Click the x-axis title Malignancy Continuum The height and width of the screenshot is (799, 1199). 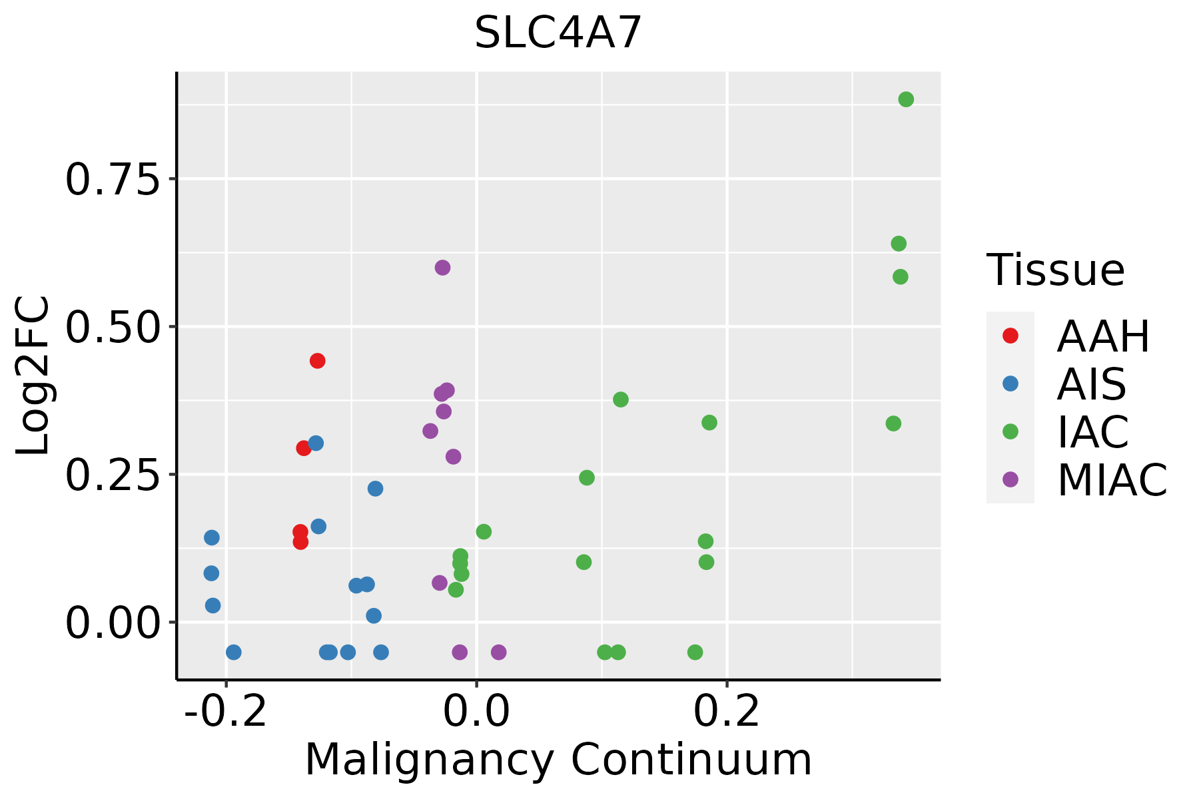tap(558, 760)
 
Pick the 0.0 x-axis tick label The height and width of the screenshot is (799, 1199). tap(476, 712)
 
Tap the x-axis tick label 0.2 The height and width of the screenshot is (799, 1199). tap(727, 712)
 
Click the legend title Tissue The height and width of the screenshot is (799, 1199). tap(1056, 270)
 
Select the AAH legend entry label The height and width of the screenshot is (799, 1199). tap(1103, 336)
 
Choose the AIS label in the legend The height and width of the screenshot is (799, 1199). tap(1092, 384)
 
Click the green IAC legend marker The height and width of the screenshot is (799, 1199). tap(1010, 431)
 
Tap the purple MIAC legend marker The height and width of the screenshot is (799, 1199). tap(1010, 479)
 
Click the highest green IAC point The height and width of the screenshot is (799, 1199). tap(906, 99)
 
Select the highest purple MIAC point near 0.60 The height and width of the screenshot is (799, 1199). tap(442, 268)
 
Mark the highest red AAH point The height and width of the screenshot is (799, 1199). tap(318, 361)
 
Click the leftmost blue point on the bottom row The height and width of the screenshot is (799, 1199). tap(233, 652)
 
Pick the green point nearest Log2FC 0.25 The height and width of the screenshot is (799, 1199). tap(587, 477)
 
